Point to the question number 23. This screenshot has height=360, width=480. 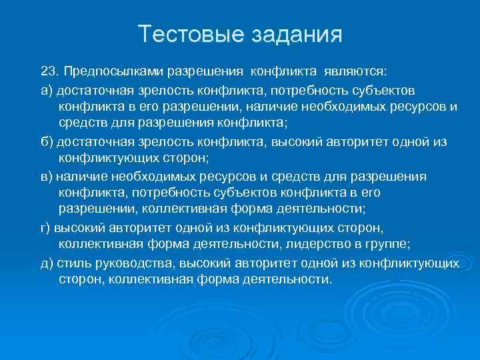coord(49,71)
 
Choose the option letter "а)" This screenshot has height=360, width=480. coord(47,89)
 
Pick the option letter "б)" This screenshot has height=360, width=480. coord(47,141)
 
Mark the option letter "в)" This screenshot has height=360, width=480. coord(47,177)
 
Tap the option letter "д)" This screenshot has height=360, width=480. coord(47,263)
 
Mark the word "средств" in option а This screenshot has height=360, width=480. coord(81,123)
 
